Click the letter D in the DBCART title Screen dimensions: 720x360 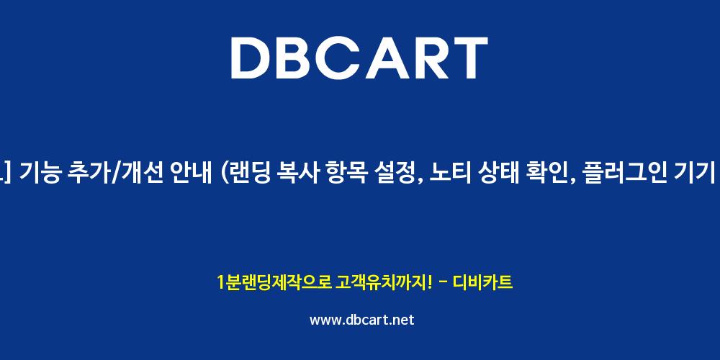(251, 58)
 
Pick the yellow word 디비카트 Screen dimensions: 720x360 (482, 282)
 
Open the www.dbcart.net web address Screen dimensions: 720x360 (362, 320)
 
